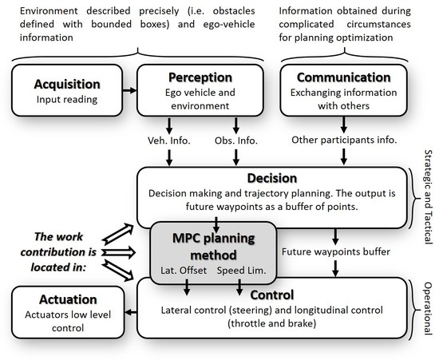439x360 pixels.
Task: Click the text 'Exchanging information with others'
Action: click(x=342, y=98)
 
